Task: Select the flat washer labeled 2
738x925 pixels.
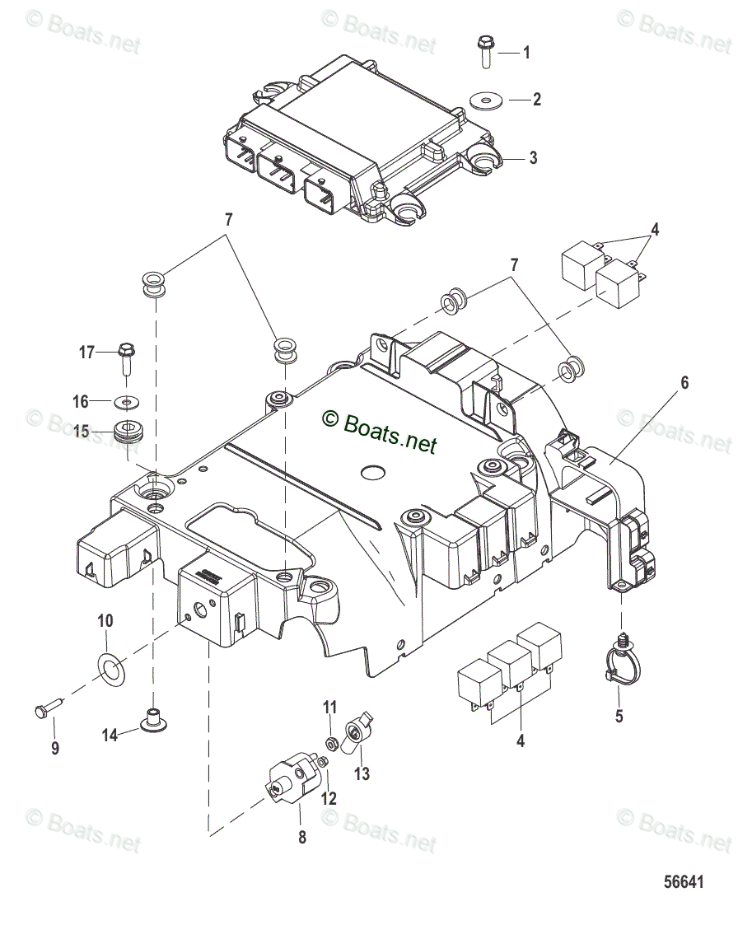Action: tap(487, 100)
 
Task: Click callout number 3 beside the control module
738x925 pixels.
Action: tap(533, 158)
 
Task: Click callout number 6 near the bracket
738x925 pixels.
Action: tap(684, 383)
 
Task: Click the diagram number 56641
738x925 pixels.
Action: tap(684, 882)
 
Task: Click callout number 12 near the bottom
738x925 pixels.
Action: tap(329, 798)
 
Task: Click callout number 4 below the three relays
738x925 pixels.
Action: tap(520, 740)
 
